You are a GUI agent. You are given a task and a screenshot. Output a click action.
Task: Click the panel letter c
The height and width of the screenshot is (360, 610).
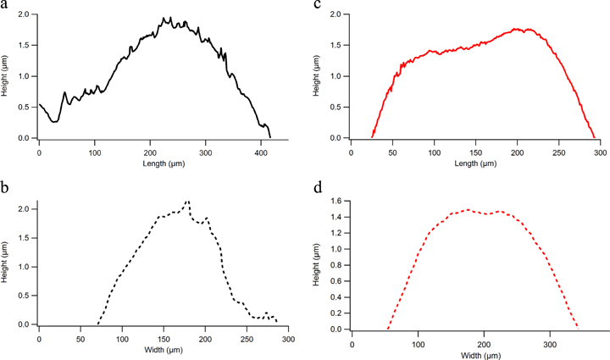[x=318, y=6]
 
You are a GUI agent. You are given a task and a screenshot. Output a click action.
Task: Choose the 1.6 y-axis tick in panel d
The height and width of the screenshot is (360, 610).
[x=338, y=202]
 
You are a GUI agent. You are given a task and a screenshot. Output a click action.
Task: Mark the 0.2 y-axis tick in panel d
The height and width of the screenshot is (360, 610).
[x=338, y=313]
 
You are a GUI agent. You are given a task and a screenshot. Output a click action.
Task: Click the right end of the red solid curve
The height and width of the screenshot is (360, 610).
[x=594, y=137]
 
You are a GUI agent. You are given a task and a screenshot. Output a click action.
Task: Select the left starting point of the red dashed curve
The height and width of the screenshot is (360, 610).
[x=388, y=329]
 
